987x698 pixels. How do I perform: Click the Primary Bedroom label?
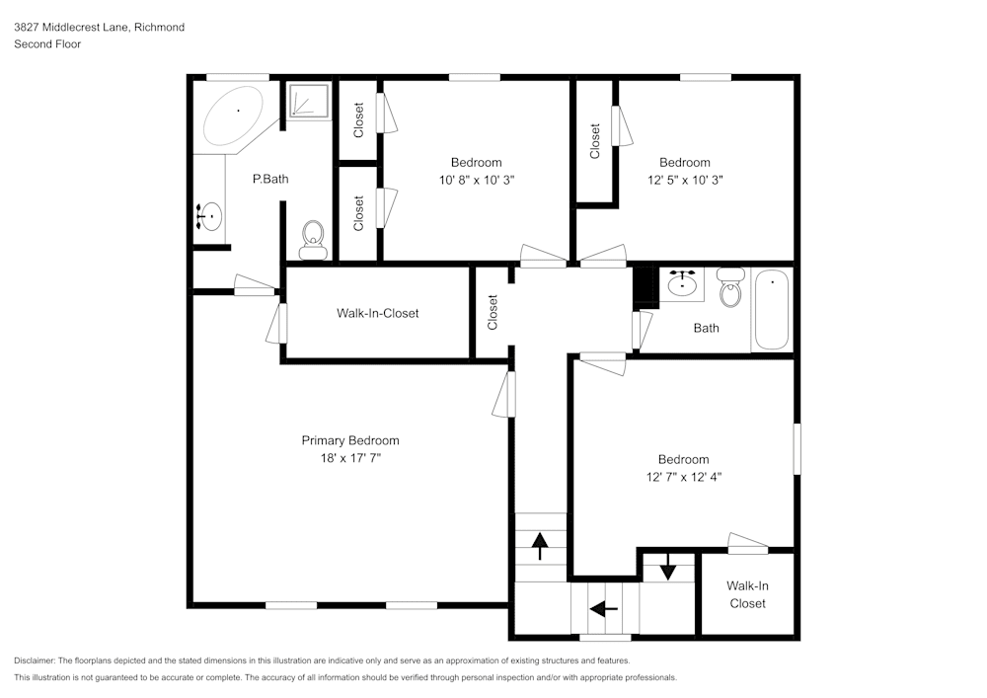pos(350,440)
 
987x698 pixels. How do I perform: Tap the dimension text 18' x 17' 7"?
pos(350,458)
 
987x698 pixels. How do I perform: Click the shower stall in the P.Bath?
pos(309,102)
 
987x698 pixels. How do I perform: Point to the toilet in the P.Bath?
pos(313,238)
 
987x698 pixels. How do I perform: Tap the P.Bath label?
pos(270,179)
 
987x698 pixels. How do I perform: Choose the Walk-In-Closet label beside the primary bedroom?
pos(377,313)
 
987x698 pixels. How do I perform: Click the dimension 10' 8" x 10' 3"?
pos(476,180)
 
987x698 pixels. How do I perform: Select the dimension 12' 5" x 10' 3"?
pos(684,180)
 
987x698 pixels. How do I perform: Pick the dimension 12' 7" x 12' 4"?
pos(683,477)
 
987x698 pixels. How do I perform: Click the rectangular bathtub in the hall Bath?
pos(772,311)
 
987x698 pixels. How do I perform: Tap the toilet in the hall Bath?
pos(730,289)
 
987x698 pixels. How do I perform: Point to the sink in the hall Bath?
pos(682,285)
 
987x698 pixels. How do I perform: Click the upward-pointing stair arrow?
pos(540,545)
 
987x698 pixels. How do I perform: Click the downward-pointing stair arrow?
pos(668,567)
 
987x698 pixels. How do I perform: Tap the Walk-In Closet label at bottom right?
pos(747,594)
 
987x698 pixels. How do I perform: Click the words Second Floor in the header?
pos(47,44)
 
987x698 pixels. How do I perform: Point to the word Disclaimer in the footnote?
pos(35,660)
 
